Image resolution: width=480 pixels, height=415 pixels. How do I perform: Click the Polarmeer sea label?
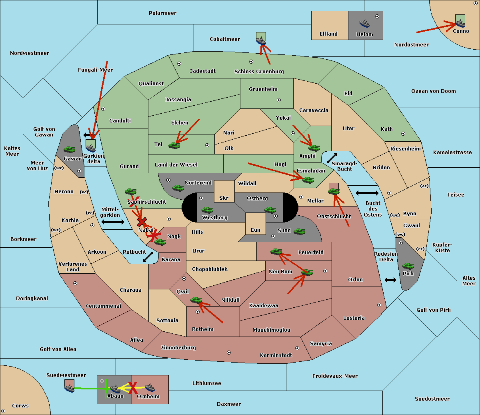point(162,13)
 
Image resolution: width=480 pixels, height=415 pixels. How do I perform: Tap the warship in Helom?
point(364,23)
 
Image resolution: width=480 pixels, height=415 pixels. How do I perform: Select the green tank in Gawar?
point(70,149)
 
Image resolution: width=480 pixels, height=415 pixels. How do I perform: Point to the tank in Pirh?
point(408,266)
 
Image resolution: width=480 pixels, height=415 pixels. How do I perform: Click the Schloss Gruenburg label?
point(259,71)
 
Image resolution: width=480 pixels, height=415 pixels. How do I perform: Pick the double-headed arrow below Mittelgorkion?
point(113,222)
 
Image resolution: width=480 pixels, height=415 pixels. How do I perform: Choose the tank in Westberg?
point(207,210)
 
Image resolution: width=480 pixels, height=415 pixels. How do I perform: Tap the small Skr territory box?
point(224,191)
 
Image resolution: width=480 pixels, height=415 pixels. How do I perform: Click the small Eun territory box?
point(256,224)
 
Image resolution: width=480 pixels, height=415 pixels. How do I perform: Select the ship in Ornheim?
point(150,387)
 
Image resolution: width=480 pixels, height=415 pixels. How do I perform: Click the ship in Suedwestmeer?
point(70,388)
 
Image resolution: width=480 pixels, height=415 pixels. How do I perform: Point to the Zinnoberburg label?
point(178,348)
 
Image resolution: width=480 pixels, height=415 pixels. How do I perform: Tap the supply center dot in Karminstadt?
point(297,348)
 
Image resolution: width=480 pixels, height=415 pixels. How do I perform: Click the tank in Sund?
point(299,231)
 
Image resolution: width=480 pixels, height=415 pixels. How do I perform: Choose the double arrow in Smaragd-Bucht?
point(332,158)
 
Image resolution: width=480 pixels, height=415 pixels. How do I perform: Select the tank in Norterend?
point(178,188)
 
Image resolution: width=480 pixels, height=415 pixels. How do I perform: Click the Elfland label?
point(328,34)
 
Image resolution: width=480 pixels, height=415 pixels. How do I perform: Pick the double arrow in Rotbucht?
point(148,257)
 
